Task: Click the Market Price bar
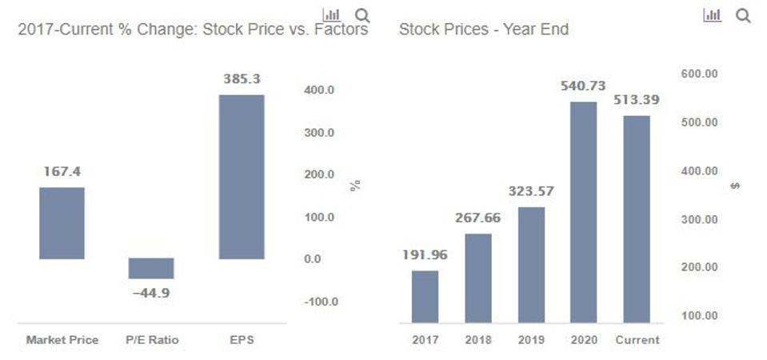pyautogui.click(x=62, y=223)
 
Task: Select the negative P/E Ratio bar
pyautogui.click(x=151, y=268)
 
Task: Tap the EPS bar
pyautogui.click(x=241, y=177)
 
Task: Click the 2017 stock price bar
pyautogui.click(x=425, y=296)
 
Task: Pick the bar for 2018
pyautogui.click(x=478, y=278)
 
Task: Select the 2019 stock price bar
pyautogui.click(x=531, y=265)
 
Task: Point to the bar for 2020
pyautogui.click(x=584, y=212)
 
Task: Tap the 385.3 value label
pyautogui.click(x=242, y=79)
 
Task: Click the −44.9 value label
pyautogui.click(x=151, y=293)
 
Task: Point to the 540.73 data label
pyautogui.click(x=583, y=86)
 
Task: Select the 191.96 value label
pyautogui.click(x=425, y=255)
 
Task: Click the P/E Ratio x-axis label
pyautogui.click(x=151, y=340)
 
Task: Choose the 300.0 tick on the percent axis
pyautogui.click(x=319, y=132)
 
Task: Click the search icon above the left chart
pyautogui.click(x=362, y=15)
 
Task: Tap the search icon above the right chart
pyautogui.click(x=742, y=15)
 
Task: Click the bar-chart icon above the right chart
pyautogui.click(x=712, y=15)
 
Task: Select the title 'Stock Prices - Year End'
pyautogui.click(x=483, y=30)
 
